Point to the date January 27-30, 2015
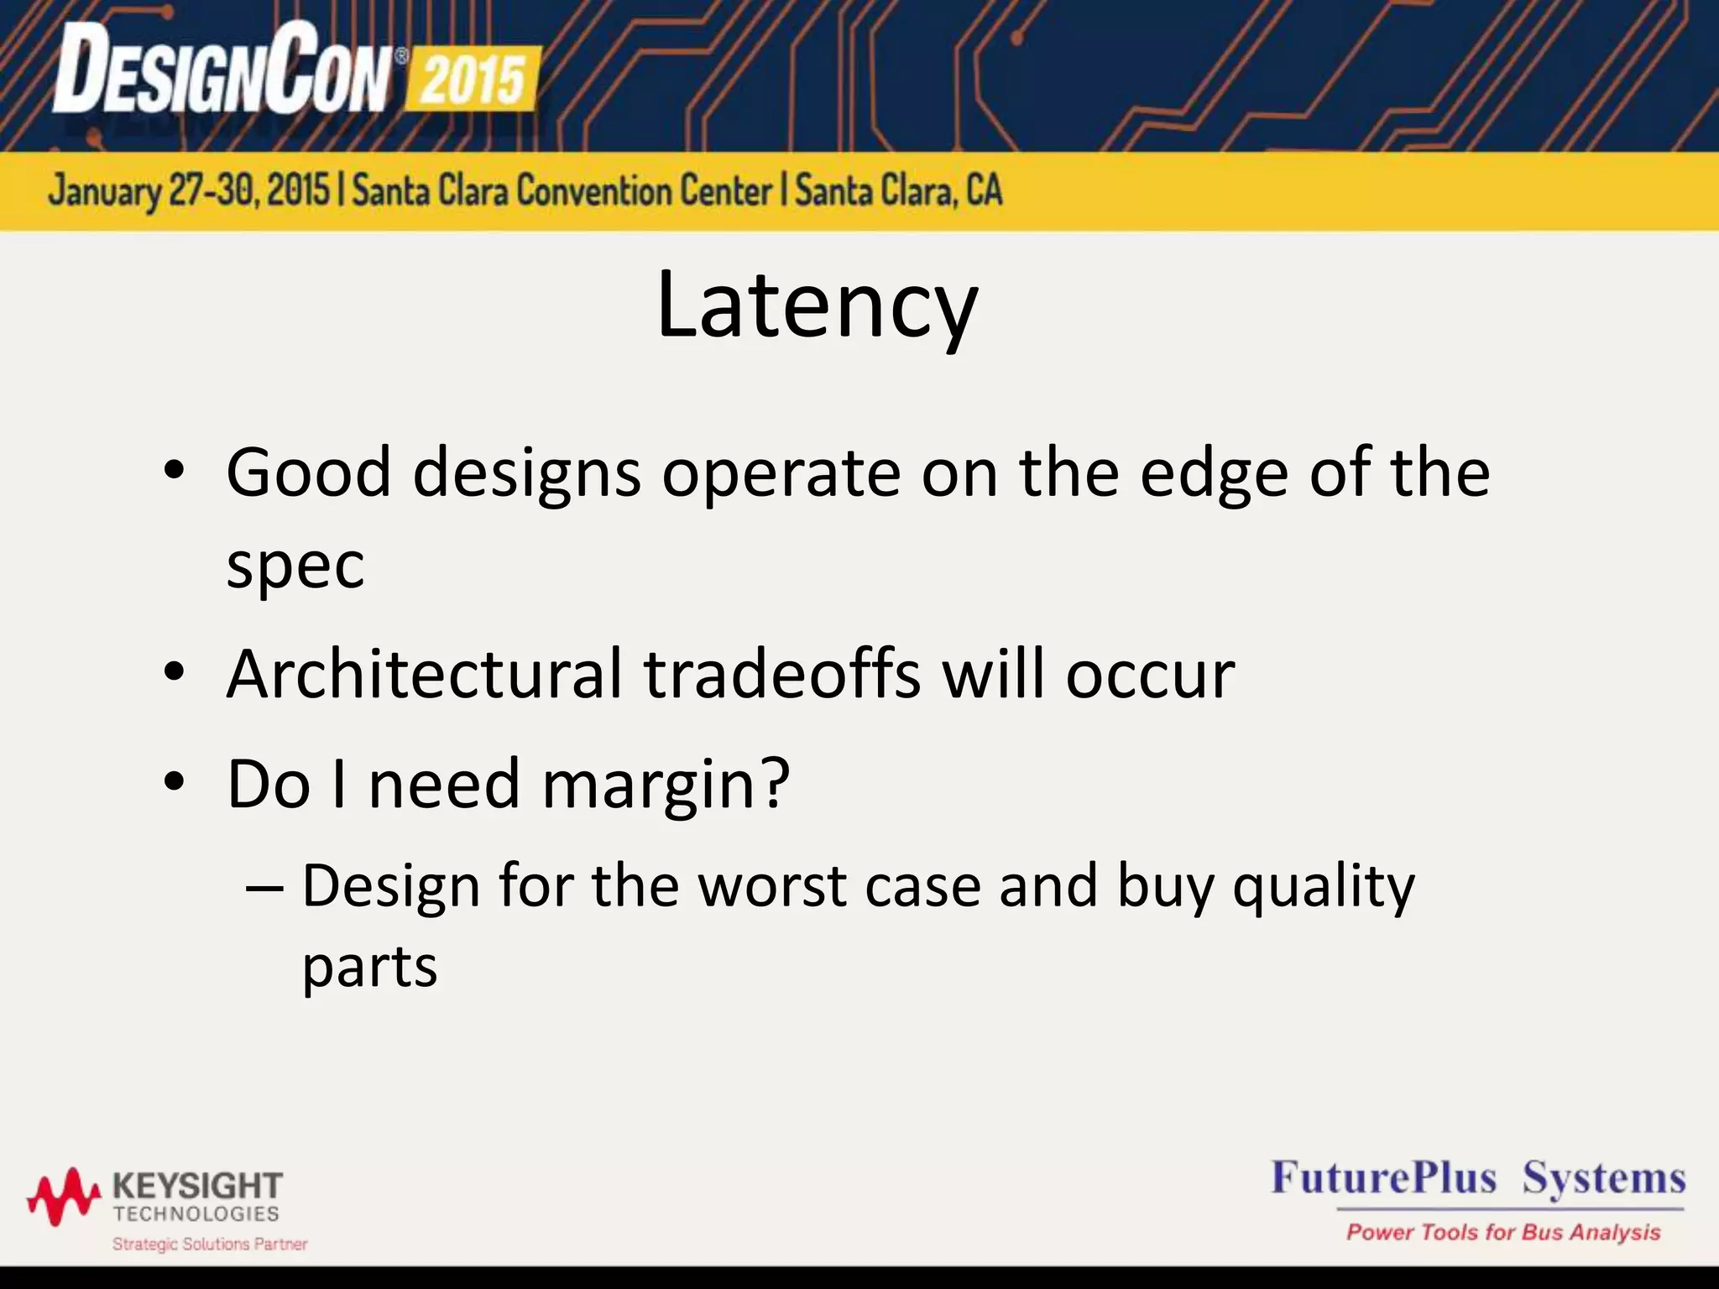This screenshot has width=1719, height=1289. [189, 190]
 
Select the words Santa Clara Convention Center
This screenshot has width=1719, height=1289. [562, 190]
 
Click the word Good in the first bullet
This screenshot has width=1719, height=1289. [309, 472]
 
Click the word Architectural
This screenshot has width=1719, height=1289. [425, 674]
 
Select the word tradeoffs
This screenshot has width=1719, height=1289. [782, 674]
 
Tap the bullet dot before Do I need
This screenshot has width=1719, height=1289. [174, 782]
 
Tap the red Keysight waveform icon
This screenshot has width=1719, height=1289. [64, 1195]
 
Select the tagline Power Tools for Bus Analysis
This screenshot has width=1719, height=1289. [1503, 1232]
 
